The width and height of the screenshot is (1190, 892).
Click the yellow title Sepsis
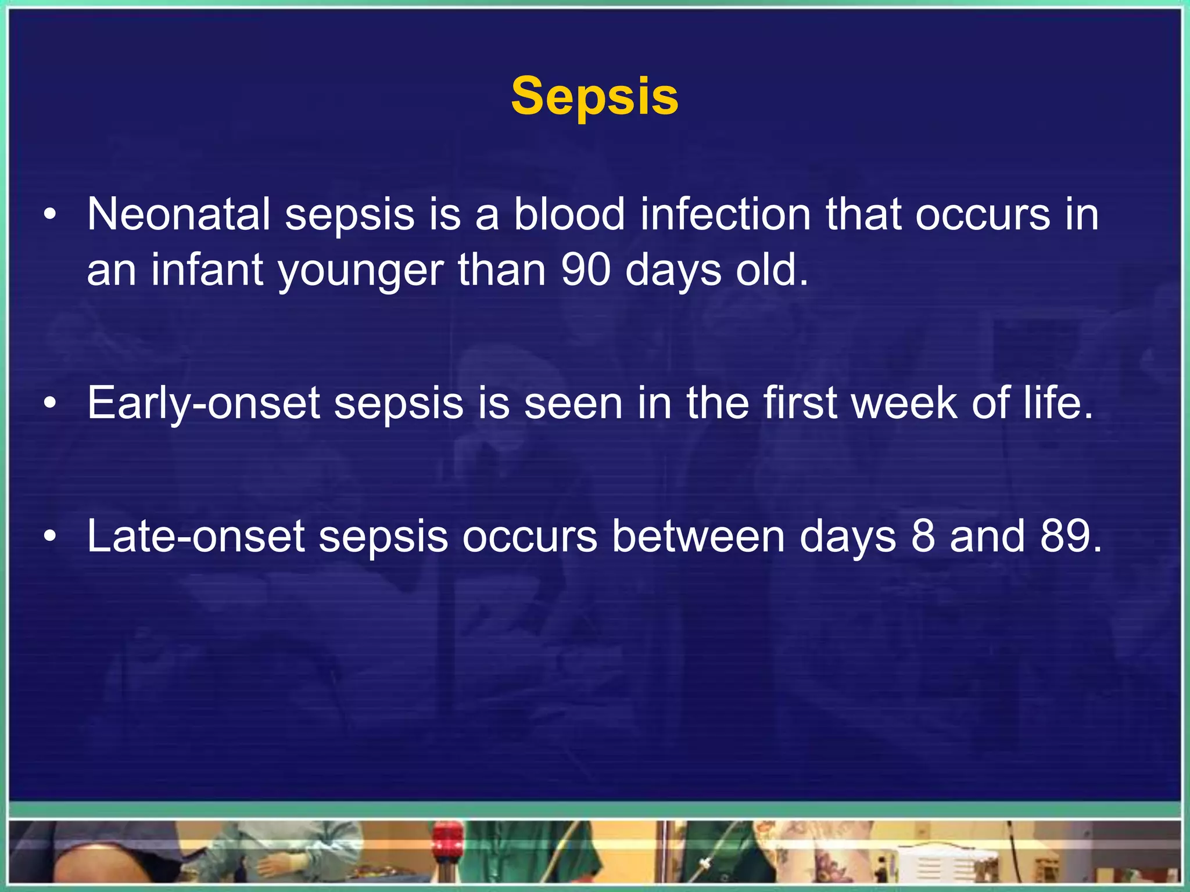[594, 96]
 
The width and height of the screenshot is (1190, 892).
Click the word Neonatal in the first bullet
[178, 214]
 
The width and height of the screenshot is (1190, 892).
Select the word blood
[569, 214]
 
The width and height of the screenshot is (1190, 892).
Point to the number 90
[586, 271]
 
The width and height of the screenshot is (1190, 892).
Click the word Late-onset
[196, 535]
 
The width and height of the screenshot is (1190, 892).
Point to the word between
[698, 535]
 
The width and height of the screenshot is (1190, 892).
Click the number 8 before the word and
[923, 535]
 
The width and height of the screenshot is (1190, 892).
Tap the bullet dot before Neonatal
[51, 215]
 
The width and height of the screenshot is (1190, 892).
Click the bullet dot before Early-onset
[51, 404]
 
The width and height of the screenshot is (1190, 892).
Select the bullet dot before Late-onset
[51, 537]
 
